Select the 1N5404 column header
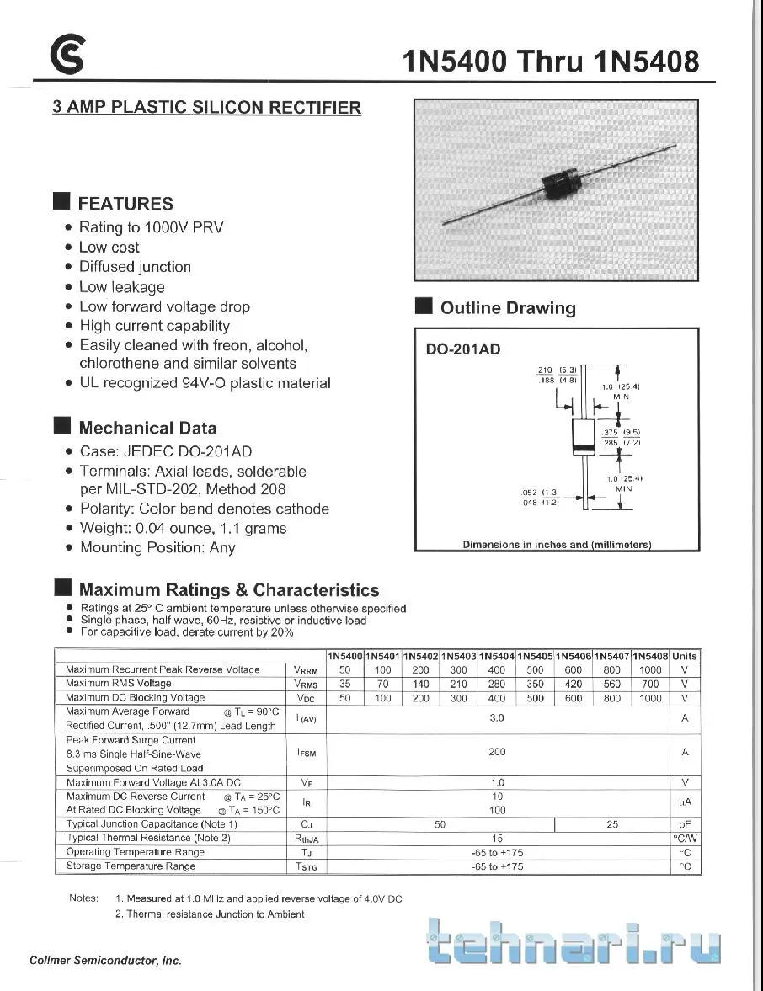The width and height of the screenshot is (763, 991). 497,656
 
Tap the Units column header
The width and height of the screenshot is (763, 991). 685,656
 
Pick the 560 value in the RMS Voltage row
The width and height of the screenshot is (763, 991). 612,684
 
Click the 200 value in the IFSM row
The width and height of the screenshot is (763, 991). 497,752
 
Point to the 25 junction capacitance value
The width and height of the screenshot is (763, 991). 612,824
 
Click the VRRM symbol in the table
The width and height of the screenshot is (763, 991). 306,670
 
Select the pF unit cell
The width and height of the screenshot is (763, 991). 685,824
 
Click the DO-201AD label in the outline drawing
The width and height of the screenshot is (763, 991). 463,349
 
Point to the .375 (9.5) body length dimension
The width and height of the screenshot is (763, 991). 622,432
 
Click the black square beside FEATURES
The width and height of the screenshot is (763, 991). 61,202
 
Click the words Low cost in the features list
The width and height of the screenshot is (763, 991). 109,248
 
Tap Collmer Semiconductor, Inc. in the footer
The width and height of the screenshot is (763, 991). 105,961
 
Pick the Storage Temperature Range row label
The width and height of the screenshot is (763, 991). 131,866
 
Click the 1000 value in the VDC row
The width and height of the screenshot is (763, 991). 650,698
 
